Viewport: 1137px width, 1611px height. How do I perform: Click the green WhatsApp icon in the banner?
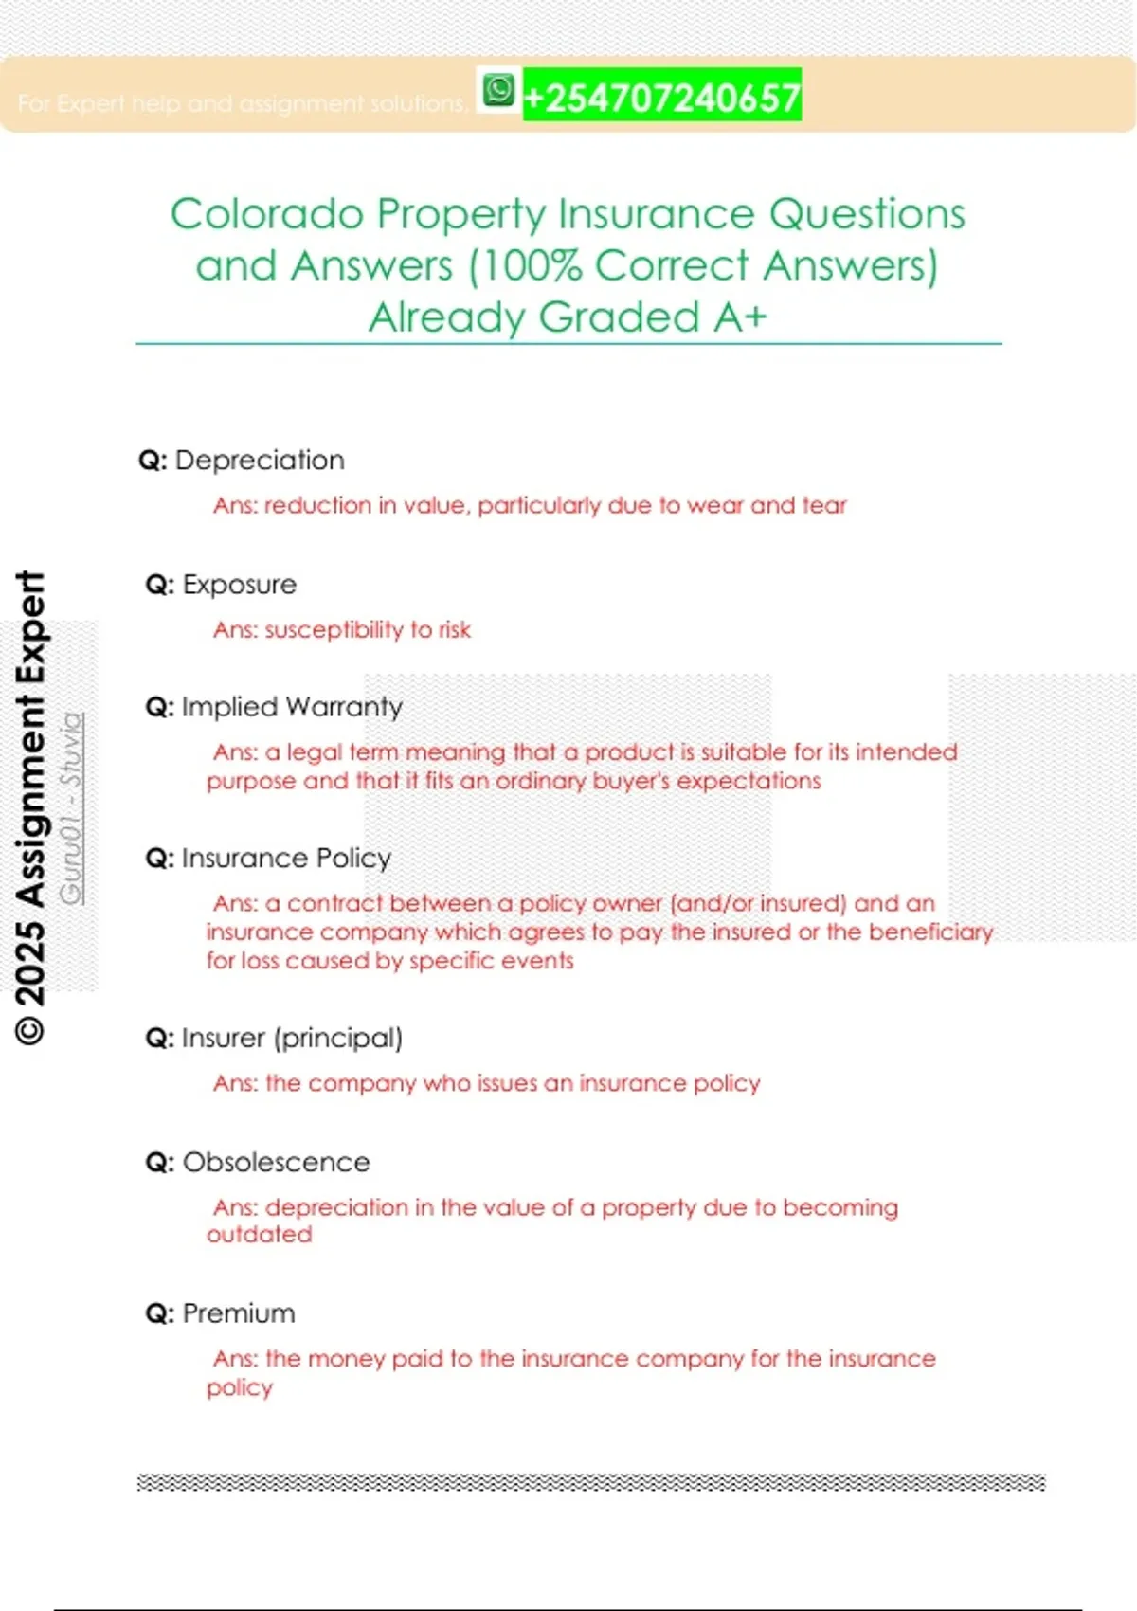498,91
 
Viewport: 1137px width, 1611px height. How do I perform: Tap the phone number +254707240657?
661,97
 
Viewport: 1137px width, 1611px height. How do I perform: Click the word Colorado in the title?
266,214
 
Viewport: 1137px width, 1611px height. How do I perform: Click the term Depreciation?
260,461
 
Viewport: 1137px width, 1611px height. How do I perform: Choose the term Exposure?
239,585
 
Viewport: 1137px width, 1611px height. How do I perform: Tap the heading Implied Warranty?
292,707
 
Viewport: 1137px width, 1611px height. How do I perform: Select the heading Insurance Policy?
286,859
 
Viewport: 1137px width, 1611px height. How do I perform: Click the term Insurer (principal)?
292,1039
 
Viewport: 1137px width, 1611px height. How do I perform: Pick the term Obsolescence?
276,1163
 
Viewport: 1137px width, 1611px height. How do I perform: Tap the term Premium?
239,1314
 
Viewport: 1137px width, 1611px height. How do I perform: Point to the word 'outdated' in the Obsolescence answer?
259,1235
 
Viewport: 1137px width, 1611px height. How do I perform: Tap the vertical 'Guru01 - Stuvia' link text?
71,807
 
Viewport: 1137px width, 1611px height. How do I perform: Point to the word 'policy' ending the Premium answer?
240,1388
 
